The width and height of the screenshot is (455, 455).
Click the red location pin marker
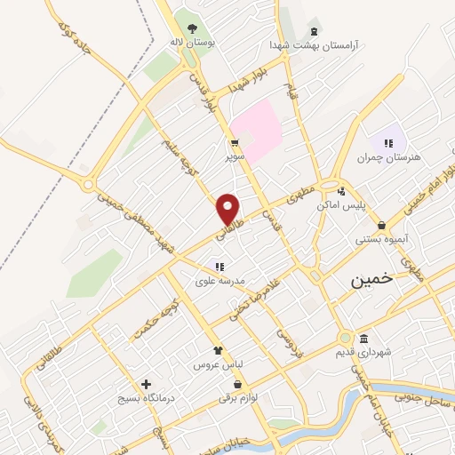pyautogui.click(x=228, y=209)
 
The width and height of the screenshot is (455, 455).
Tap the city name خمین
pyautogui.click(x=370, y=280)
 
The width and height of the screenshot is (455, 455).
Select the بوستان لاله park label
pyautogui.click(x=194, y=41)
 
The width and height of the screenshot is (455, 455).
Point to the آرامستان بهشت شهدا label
pyautogui.click(x=313, y=44)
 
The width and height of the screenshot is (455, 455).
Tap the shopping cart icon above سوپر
pyautogui.click(x=234, y=142)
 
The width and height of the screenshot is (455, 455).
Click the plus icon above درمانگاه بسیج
pyautogui.click(x=146, y=384)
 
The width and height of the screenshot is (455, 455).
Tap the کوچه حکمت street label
pyautogui.click(x=153, y=321)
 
